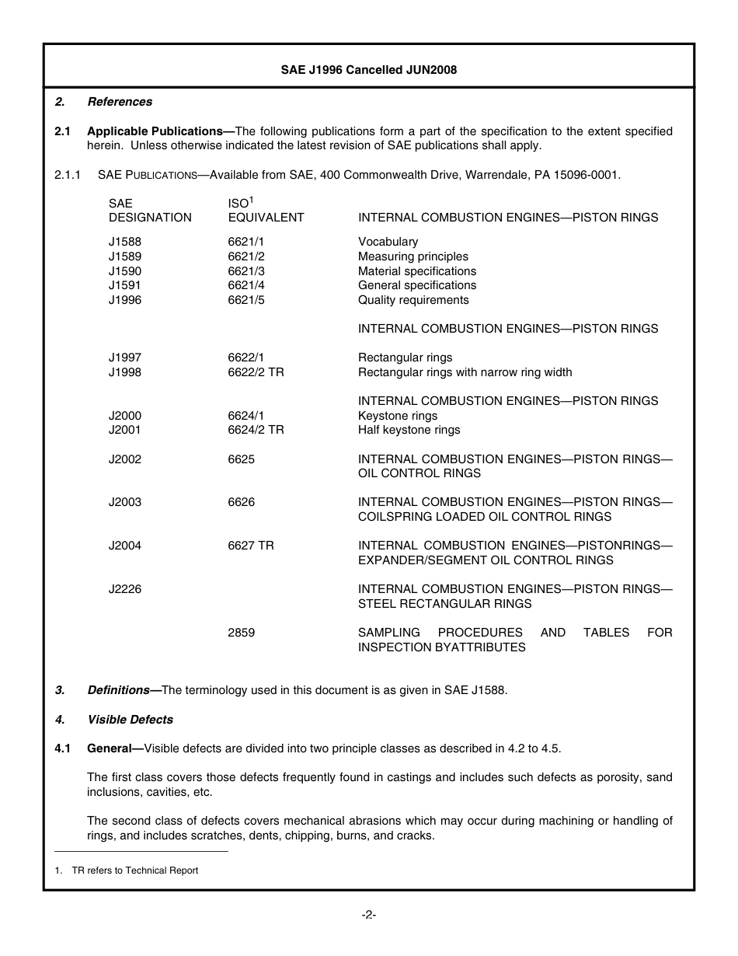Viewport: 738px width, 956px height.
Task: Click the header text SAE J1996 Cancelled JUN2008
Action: (368, 70)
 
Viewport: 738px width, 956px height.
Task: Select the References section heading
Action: (120, 102)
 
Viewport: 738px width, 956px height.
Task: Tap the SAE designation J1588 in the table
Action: (125, 242)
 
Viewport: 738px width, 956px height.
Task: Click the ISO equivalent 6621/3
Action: (246, 271)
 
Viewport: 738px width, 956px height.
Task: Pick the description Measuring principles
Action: (413, 256)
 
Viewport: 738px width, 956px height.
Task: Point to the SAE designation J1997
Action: (125, 358)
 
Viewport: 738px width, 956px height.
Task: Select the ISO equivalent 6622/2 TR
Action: (256, 372)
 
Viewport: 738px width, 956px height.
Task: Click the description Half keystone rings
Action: (409, 430)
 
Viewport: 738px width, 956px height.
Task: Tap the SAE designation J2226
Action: (125, 589)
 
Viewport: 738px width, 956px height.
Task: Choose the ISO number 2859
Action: (241, 633)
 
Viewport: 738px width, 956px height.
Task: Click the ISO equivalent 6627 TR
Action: (251, 546)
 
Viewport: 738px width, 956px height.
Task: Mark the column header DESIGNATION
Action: (150, 218)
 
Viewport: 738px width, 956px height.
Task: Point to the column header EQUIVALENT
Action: (266, 218)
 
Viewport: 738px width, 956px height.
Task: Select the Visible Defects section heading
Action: (130, 720)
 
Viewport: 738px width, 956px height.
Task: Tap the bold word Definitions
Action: (118, 690)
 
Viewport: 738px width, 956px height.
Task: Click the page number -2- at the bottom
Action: (369, 915)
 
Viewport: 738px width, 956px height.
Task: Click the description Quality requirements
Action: (413, 300)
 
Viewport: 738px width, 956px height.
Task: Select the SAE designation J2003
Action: (125, 502)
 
